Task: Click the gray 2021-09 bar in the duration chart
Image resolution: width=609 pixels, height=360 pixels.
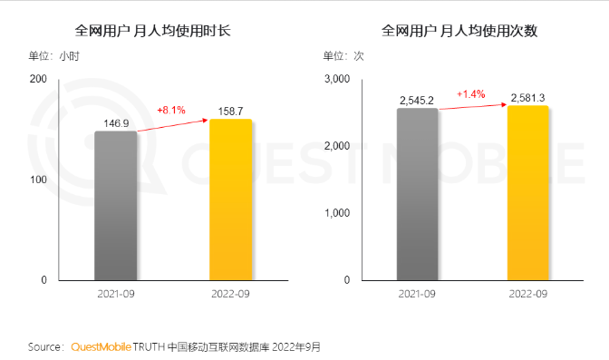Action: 116,206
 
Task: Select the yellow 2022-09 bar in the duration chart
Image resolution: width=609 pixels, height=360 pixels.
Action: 230,199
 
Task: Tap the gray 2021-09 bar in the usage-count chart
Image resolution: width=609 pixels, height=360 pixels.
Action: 417,194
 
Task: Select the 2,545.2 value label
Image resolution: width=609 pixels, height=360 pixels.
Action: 419,99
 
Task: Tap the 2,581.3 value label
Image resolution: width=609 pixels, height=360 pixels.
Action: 528,96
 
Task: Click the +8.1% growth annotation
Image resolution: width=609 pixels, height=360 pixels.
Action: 171,110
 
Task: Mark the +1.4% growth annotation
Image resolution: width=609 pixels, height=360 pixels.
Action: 471,93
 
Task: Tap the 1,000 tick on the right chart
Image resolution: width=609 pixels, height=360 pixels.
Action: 335,213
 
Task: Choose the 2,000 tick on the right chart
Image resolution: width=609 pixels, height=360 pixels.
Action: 335,146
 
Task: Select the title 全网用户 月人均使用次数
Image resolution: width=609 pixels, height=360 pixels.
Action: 460,31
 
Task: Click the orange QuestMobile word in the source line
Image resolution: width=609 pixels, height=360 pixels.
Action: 101,346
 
